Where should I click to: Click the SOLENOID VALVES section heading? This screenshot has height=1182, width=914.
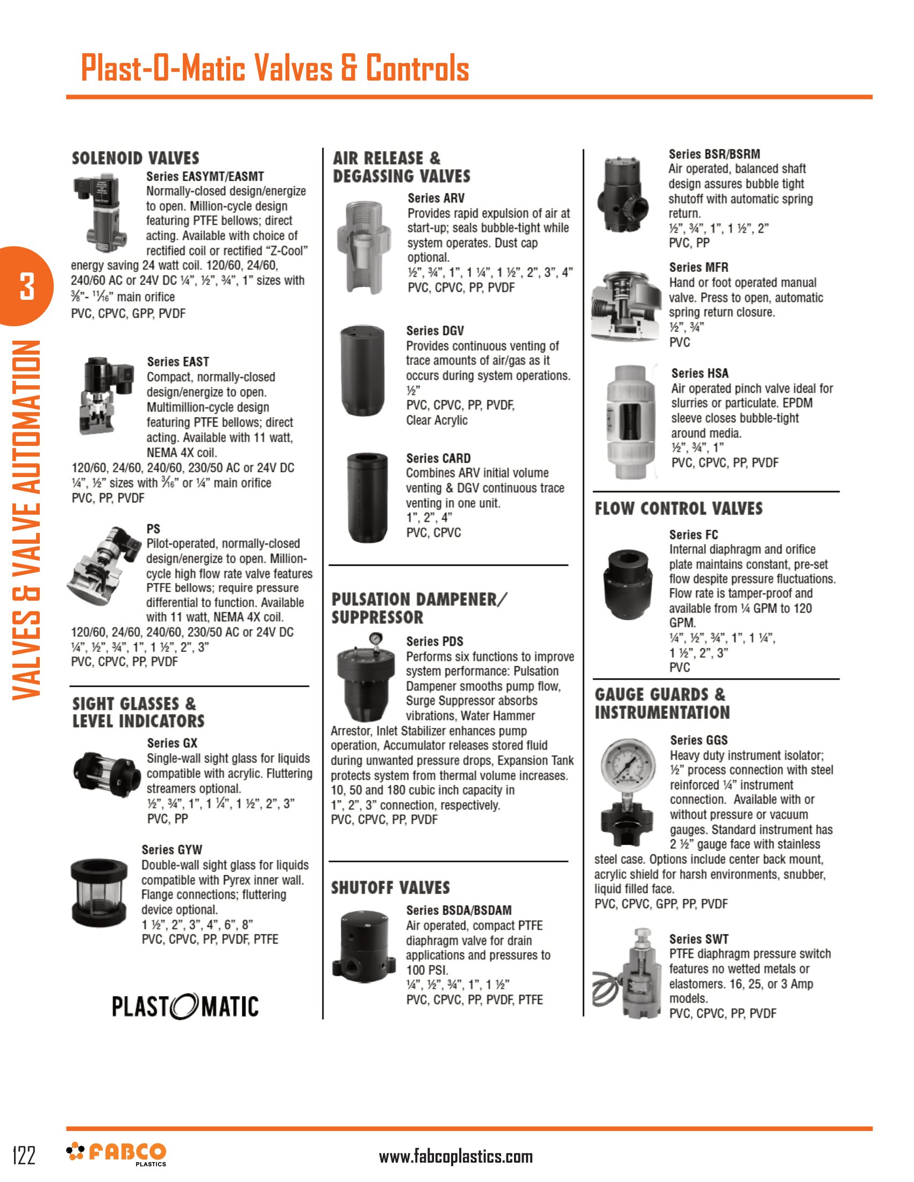[135, 158]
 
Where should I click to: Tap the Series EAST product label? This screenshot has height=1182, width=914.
[177, 362]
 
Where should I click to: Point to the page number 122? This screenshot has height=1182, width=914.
[24, 1155]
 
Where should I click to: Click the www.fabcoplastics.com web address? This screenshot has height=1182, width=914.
[455, 1157]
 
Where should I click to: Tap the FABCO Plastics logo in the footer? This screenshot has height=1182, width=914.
[117, 1154]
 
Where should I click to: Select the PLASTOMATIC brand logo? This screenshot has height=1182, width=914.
[184, 1006]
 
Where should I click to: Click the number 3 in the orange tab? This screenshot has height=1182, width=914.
[26, 286]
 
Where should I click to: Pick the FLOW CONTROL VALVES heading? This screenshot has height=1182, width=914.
[679, 509]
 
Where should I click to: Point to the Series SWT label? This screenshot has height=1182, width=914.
[698, 939]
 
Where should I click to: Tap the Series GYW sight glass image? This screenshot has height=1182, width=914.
[98, 892]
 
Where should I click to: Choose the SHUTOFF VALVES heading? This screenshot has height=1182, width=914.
[390, 888]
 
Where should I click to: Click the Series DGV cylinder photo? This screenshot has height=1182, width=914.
[362, 370]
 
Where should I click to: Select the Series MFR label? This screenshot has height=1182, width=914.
[698, 268]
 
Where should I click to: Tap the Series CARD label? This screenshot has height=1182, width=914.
[438, 458]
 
